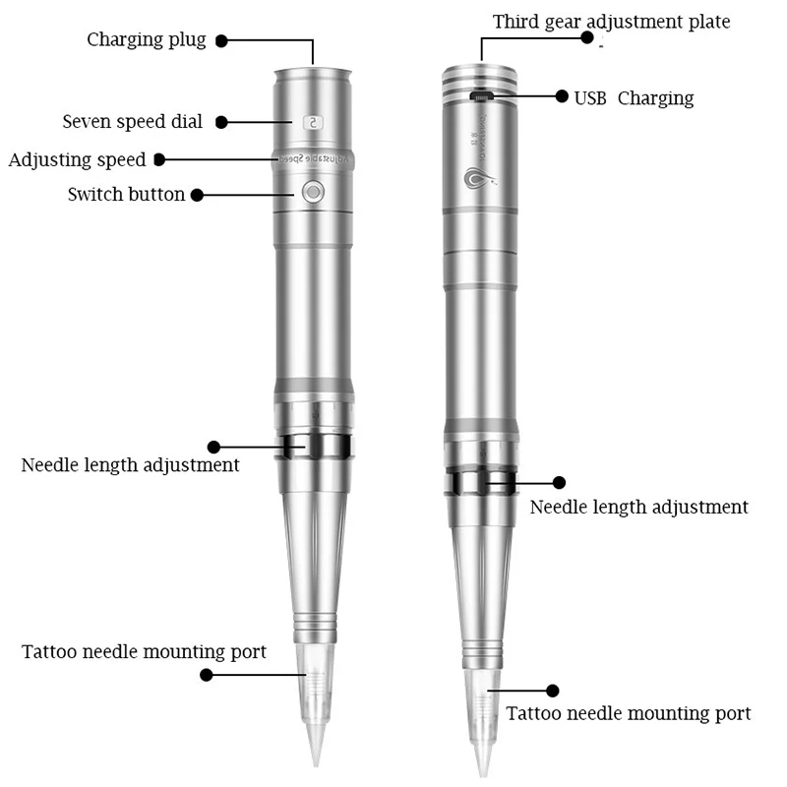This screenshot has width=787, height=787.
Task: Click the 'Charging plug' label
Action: [147, 40]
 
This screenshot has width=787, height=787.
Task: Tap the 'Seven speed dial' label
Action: [133, 122]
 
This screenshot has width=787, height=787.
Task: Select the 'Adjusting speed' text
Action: [77, 159]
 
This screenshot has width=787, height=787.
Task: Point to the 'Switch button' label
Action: [126, 194]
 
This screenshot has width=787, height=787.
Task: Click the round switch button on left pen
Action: [313, 192]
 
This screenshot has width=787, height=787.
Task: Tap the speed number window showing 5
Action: [312, 123]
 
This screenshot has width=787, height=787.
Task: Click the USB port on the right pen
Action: [482, 96]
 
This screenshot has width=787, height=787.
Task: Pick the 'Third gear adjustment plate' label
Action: [612, 22]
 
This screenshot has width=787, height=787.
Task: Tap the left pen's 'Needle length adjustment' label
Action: [130, 464]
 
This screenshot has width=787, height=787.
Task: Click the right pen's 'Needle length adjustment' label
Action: [639, 508]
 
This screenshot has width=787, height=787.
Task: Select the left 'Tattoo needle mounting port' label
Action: [144, 651]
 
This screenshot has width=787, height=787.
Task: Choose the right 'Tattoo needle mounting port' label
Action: [629, 713]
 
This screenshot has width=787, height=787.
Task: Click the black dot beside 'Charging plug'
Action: [221, 41]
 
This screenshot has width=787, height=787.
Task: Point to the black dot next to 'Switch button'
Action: [197, 195]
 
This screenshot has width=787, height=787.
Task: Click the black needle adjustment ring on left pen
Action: [314, 446]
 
